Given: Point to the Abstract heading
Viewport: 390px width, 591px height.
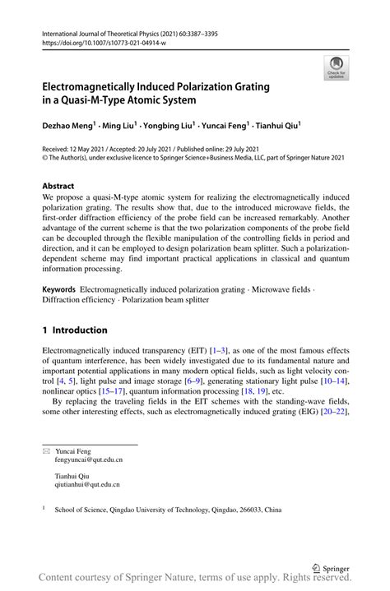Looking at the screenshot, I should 60,187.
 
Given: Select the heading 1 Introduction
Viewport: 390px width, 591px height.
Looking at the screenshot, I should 75,330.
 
